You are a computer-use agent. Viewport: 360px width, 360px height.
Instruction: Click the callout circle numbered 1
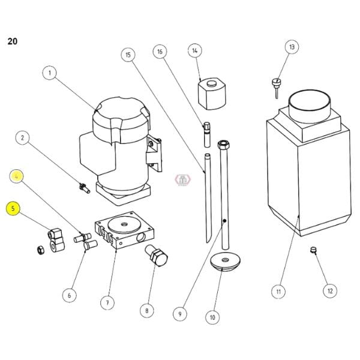[x=50, y=73]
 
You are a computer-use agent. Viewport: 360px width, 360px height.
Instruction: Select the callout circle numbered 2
[x=22, y=138]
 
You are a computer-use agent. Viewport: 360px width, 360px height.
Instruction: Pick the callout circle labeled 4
[x=17, y=176]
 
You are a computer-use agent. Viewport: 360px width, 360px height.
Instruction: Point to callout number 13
[x=292, y=46]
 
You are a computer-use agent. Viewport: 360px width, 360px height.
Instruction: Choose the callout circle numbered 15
[x=127, y=55]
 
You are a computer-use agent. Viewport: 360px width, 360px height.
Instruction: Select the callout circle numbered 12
[x=328, y=291]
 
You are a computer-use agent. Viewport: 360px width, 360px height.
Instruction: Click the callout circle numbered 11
[x=278, y=292]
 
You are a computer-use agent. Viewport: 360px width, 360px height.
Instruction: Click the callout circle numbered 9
[x=179, y=312]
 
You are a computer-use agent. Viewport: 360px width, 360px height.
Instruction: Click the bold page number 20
[x=12, y=41]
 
